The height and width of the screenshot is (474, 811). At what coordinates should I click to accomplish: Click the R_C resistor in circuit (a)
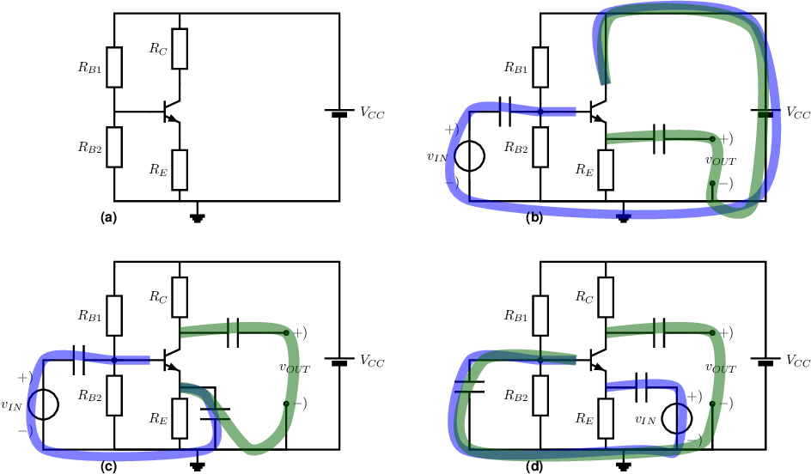pos(180,49)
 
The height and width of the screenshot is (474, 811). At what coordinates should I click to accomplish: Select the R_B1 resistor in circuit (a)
pos(114,67)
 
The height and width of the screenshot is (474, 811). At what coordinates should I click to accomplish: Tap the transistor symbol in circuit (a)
pos(171,112)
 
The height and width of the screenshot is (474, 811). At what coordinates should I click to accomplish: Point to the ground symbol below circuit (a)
pos(196,217)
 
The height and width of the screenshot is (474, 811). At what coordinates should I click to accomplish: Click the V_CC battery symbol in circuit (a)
pos(339,112)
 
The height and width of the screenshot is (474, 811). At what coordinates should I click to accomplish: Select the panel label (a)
pos(109,218)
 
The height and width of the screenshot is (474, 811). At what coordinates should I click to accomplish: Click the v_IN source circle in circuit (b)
pos(470,155)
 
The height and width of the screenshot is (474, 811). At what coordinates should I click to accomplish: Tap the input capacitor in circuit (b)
pos(505,111)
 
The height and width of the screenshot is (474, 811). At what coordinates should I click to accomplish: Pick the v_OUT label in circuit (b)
pos(721,161)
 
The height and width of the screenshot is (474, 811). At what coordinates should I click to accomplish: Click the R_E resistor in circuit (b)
pos(606,170)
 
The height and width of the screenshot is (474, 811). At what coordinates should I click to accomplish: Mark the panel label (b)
pos(535,218)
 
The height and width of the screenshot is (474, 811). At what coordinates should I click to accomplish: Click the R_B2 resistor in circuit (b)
pos(540,147)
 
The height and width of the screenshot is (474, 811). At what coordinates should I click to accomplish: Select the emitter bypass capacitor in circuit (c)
pos(215,414)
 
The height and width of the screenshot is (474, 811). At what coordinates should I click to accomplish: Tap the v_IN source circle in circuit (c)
pos(44,404)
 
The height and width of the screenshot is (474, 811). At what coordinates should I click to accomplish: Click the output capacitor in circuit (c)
pos(234,332)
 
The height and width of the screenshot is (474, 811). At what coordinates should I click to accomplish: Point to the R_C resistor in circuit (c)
pos(180,297)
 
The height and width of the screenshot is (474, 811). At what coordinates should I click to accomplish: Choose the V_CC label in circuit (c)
pos(372,361)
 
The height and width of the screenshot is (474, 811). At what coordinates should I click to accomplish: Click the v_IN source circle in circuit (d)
pos(676,418)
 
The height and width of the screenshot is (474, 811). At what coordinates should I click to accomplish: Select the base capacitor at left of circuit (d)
pos(470,386)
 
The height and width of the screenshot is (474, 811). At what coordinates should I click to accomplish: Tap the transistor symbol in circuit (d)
pos(597,361)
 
